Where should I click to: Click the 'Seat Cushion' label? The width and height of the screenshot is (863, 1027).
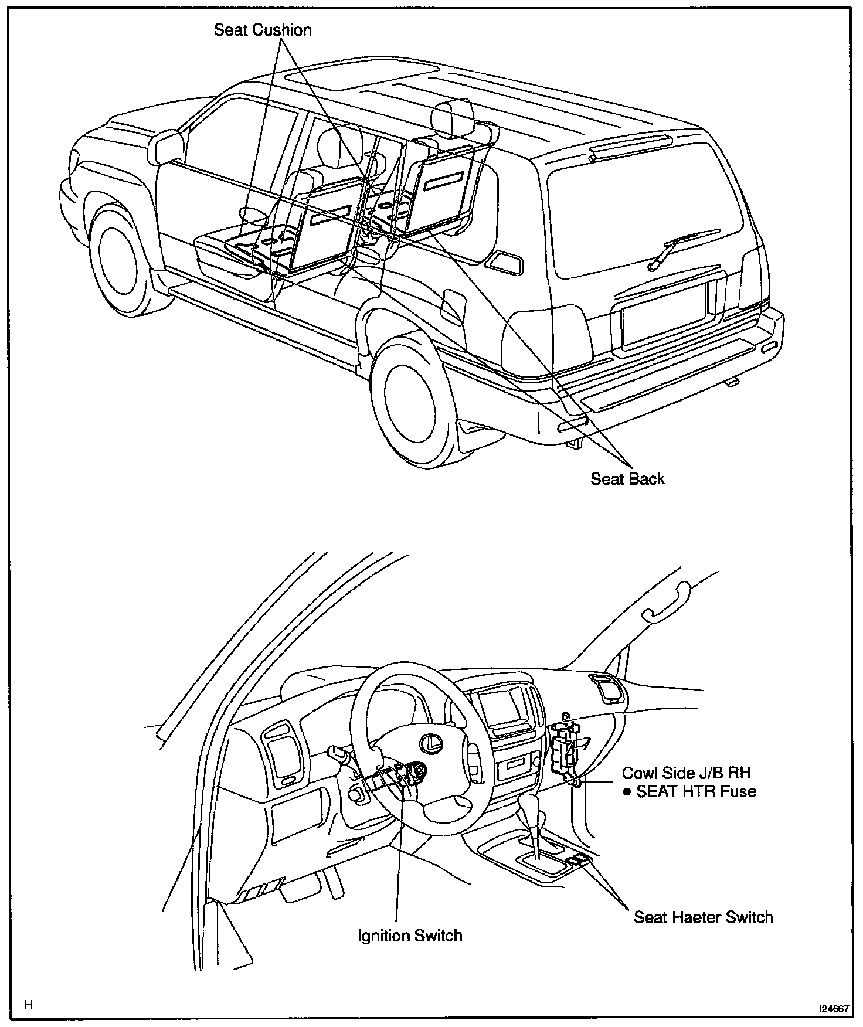click(263, 30)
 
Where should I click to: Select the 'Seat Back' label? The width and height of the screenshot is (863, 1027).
click(627, 479)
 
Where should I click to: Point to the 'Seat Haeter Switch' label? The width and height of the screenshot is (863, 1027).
click(703, 917)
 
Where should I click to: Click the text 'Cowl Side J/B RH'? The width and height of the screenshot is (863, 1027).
click(687, 773)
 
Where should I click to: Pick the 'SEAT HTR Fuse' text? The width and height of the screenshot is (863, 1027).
click(696, 791)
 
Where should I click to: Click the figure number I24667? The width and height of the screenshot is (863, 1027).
click(834, 1009)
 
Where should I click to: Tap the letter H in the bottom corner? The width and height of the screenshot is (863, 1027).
click(28, 1005)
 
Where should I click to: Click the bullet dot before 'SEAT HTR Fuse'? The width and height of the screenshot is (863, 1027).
click(627, 792)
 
